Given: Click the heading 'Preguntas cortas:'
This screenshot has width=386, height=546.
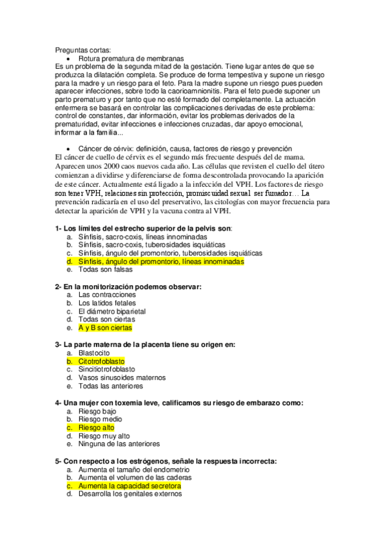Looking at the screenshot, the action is pos(82,50).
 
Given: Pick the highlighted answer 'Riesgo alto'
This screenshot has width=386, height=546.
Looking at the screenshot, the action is pos(97,427).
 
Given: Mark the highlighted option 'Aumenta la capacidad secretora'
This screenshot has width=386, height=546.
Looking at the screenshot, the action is pos(130,486).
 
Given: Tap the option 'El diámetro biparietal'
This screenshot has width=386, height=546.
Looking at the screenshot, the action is pos(111,311).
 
